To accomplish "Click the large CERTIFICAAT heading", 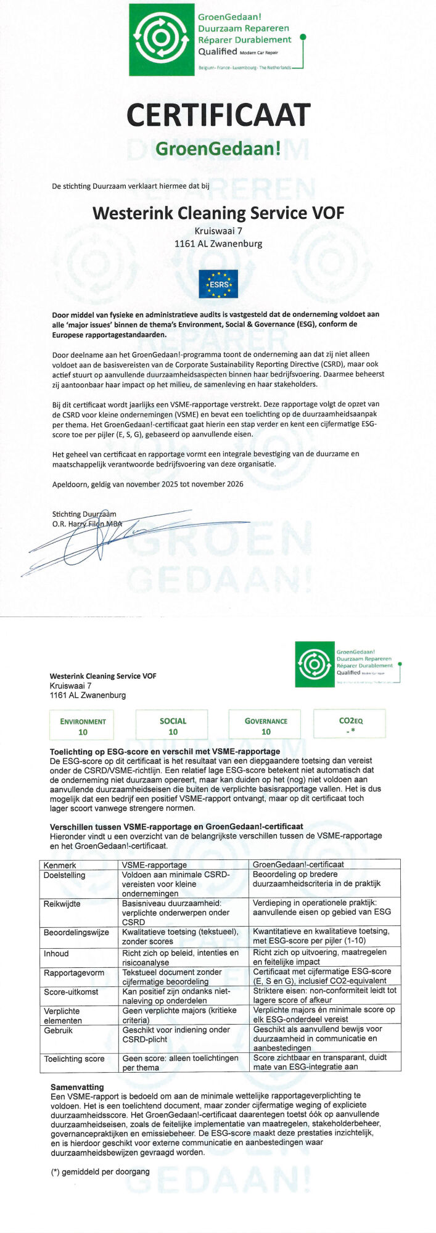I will tap(218, 115).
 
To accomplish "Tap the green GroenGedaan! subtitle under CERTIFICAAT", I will tap(218, 149).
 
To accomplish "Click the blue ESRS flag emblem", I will tap(218, 284).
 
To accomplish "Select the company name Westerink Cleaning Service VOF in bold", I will tap(218, 213).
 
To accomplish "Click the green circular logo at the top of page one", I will tap(162, 40).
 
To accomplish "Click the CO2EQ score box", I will tap(350, 725).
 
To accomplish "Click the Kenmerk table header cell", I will tap(60, 864).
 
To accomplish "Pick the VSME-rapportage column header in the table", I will tap(154, 864).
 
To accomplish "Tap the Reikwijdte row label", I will tap(62, 904).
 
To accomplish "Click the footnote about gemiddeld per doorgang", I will tap(100, 1171).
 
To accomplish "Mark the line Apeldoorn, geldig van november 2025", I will tap(147, 484).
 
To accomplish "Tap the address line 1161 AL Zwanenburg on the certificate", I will tap(218, 244).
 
